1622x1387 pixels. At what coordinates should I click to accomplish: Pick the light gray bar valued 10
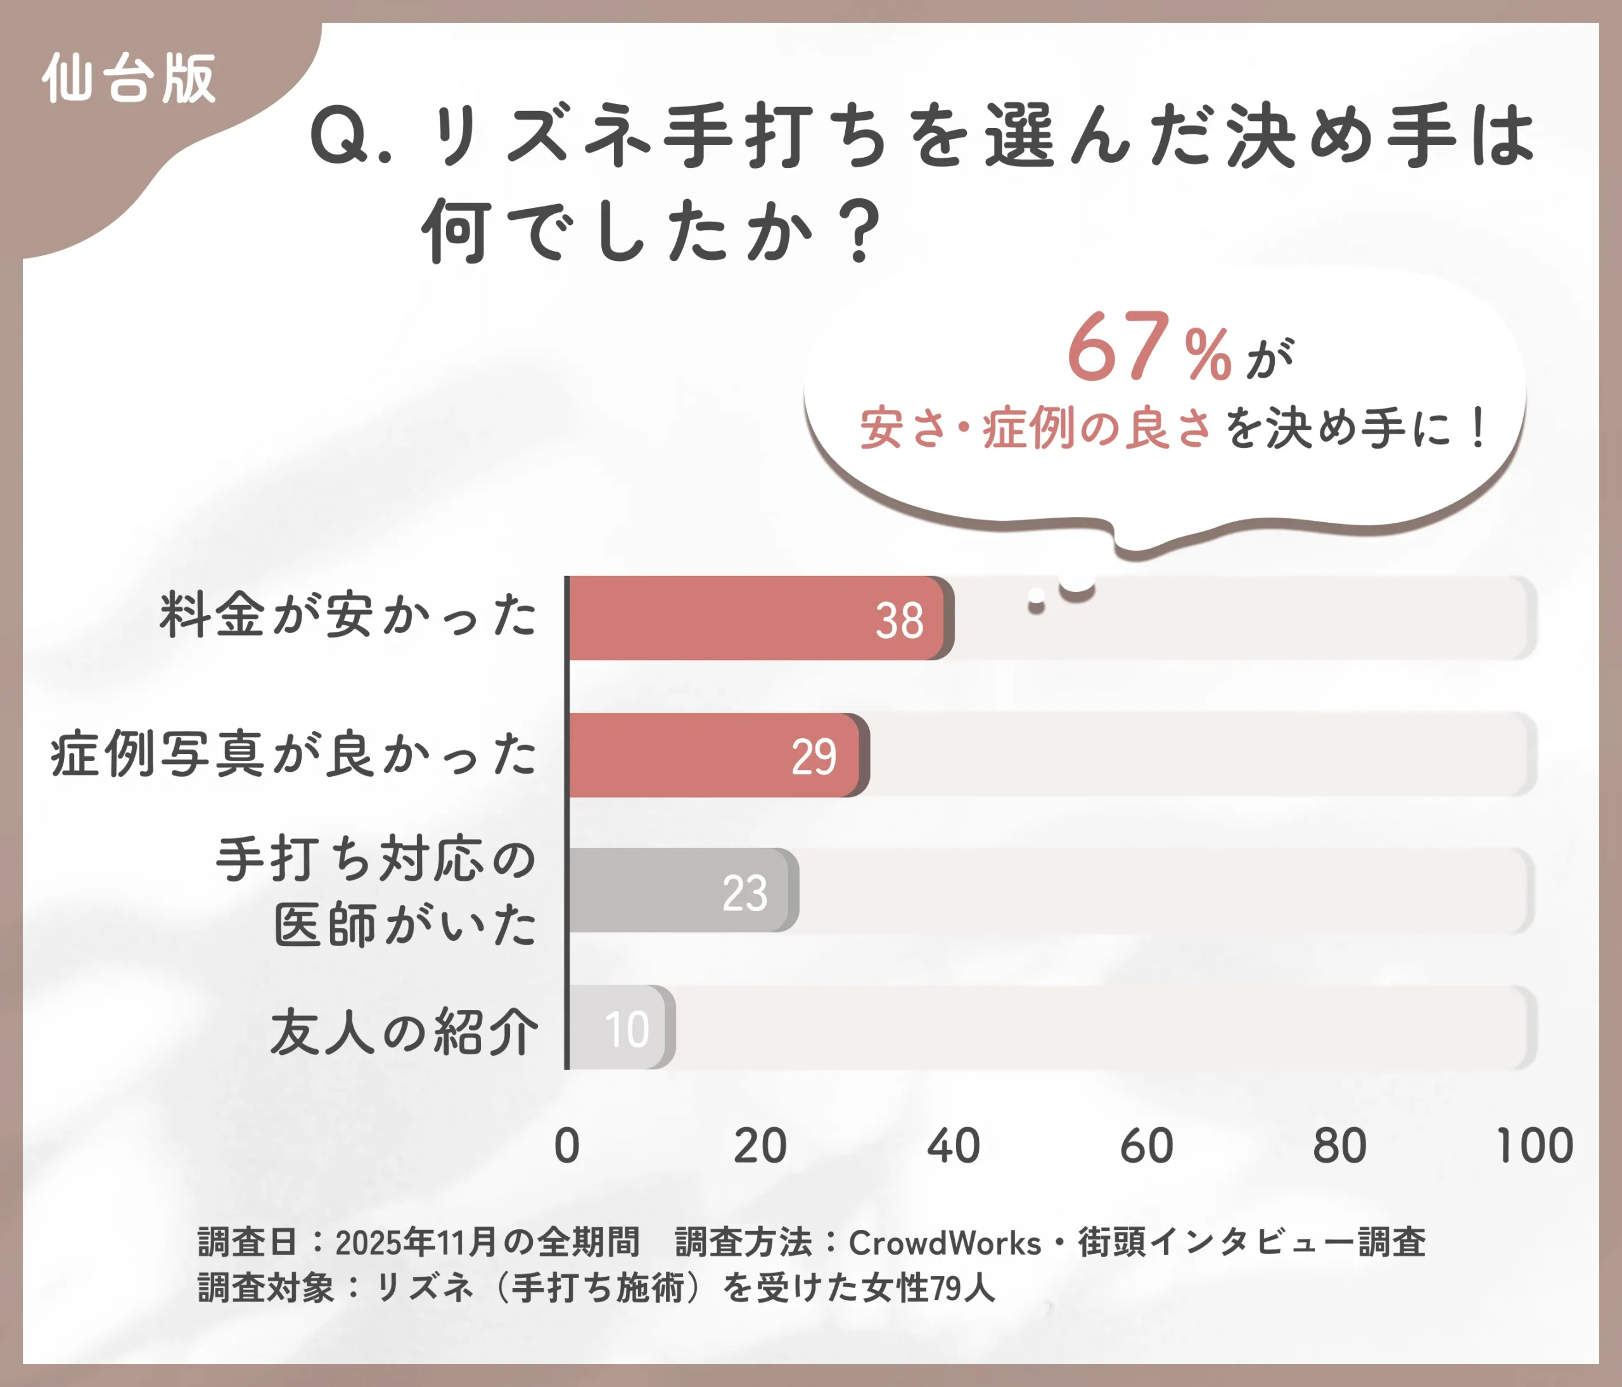[x=618, y=1027]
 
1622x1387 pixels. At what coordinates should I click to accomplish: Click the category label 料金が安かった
[x=348, y=615]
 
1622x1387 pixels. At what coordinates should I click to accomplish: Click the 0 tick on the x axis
[x=567, y=1146]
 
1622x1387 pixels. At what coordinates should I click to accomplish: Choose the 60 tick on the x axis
[x=1147, y=1146]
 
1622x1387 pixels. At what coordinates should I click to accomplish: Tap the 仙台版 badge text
[x=129, y=79]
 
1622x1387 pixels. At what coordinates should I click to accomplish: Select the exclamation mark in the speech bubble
[x=1479, y=429]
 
